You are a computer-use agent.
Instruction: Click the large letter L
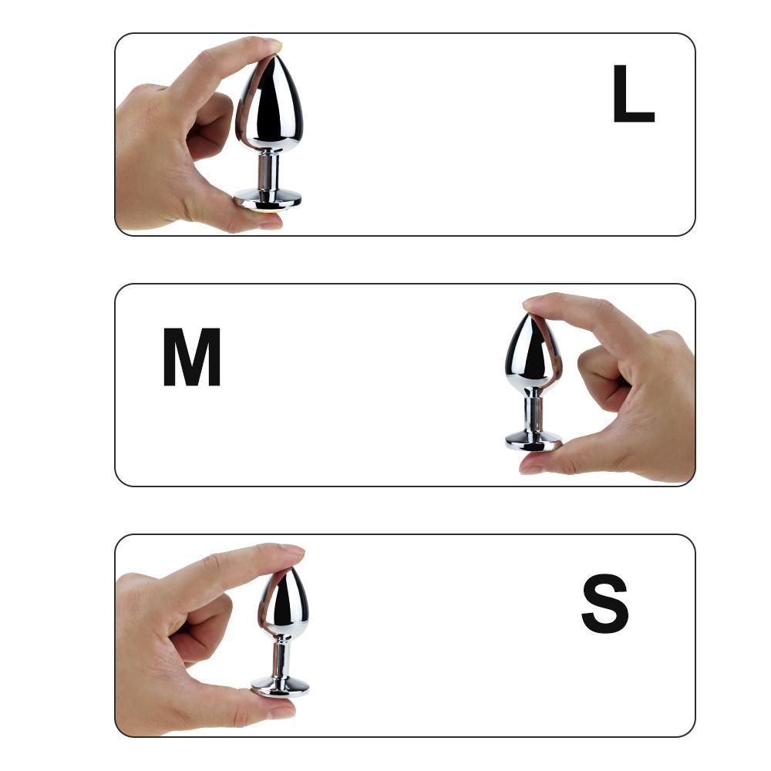632,96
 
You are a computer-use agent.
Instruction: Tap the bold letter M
192,359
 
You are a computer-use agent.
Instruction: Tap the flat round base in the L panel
268,199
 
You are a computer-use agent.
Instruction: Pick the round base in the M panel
534,442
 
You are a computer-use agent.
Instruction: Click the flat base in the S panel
280,685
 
